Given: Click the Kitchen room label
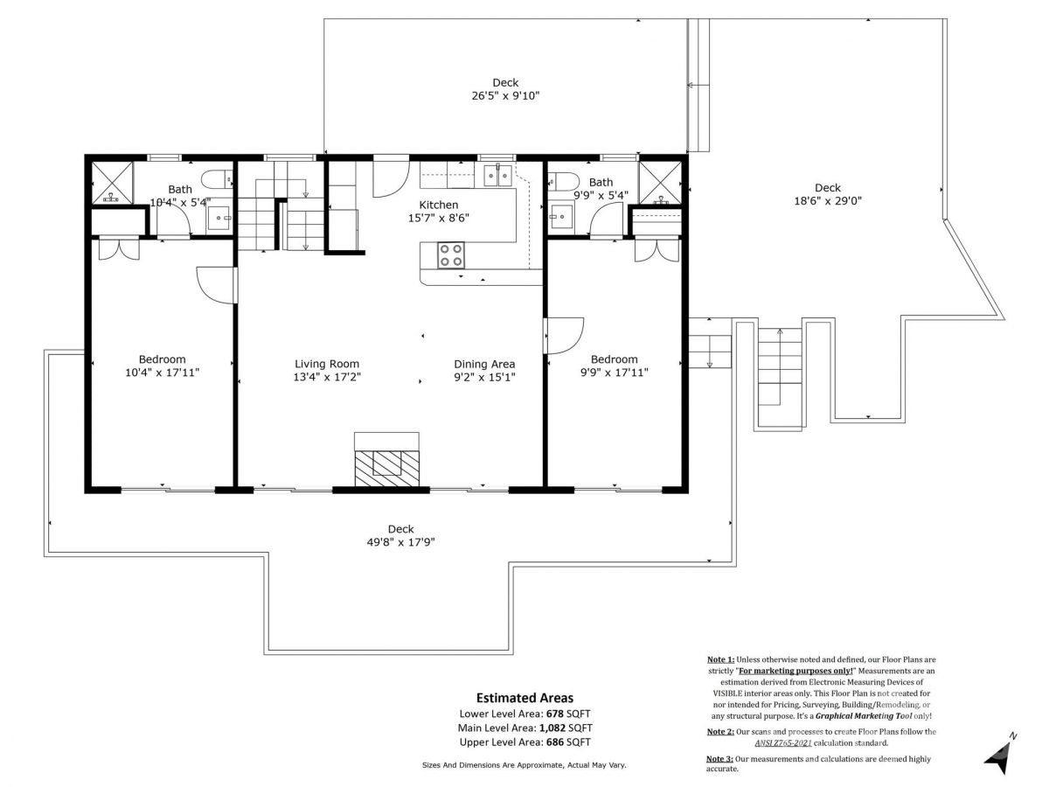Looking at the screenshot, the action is coord(438,205).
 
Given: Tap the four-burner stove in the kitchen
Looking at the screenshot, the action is coord(451,255).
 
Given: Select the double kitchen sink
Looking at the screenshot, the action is coord(498,175).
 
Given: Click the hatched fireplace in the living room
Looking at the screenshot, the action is coord(386,468).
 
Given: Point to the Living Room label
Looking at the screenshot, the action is coord(327,364).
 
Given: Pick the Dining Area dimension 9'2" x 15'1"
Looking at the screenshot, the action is coord(484,378).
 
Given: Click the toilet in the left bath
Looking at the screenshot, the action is coord(217,180).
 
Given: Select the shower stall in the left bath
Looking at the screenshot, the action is coord(112,183).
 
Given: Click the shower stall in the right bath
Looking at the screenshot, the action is coord(660,183).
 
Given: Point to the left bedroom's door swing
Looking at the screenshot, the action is coord(216,285).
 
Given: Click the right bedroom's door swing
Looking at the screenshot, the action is coord(564,336).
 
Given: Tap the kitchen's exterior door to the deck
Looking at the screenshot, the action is coord(391,176).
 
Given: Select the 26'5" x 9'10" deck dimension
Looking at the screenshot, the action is coord(505,96).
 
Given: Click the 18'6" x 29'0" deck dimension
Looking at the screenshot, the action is coord(828,201).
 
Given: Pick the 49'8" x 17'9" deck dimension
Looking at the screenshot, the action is coord(401,542).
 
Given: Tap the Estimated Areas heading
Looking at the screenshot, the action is coord(524,698).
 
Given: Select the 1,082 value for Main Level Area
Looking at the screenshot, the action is coord(552,728).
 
